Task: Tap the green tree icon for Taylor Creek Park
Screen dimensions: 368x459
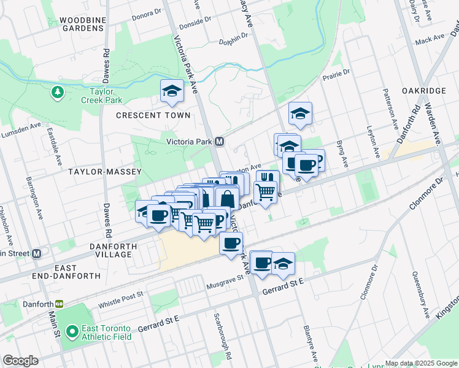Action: [x=58, y=93]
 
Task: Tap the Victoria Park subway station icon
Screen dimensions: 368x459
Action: [x=219, y=142]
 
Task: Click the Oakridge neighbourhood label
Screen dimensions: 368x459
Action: [x=424, y=91]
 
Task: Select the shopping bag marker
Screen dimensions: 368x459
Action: [x=227, y=199]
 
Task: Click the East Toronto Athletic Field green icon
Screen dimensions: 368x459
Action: [x=72, y=332]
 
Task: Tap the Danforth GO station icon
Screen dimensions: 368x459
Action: [x=60, y=303]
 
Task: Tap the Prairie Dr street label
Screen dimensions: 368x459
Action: [x=337, y=75]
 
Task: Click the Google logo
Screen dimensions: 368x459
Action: [x=20, y=360]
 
